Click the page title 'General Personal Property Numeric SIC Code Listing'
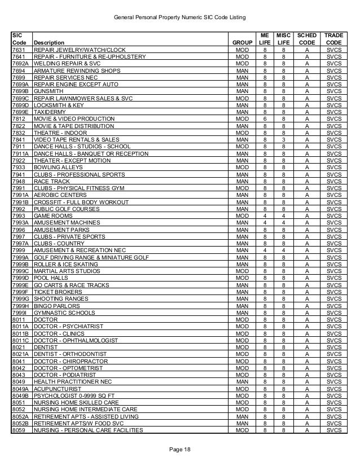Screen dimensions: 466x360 click(181, 18)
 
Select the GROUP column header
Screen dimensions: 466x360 click(242, 42)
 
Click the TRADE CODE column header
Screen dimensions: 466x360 click(333, 38)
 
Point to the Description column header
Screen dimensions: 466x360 click(49, 42)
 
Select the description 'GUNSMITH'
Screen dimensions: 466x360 click(49, 90)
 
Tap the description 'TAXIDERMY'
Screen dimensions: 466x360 click(50, 112)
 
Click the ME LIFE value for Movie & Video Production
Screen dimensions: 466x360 click(264, 119)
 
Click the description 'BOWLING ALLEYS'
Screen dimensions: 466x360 click(58, 168)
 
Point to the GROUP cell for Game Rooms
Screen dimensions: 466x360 click(242, 216)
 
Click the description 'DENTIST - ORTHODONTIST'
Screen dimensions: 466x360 click(68, 354)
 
